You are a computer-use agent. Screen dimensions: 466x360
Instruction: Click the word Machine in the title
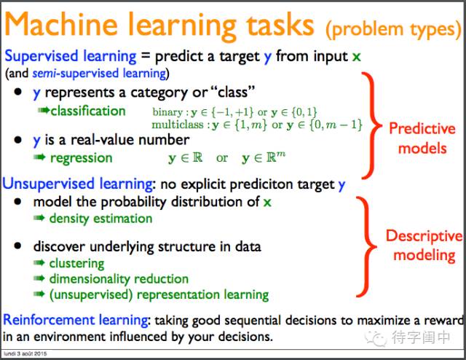pyautogui.click(x=61, y=25)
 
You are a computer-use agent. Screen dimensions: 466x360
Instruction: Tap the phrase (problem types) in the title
pyautogui.click(x=394, y=30)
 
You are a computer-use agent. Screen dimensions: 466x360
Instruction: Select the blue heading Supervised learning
pyautogui.click(x=71, y=57)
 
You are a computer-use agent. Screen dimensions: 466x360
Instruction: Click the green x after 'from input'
pyautogui.click(x=356, y=57)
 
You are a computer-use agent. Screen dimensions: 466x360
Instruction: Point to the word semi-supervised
pyautogui.click(x=76, y=73)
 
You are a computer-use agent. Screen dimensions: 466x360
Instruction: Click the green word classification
pyautogui.click(x=88, y=111)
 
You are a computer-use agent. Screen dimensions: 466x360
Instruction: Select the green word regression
pyautogui.click(x=81, y=158)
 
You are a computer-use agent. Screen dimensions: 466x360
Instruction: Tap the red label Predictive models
pyautogui.click(x=422, y=138)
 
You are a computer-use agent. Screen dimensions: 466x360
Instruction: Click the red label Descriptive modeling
pyautogui.click(x=424, y=246)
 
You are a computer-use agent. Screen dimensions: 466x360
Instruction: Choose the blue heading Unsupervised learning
pyautogui.click(x=78, y=184)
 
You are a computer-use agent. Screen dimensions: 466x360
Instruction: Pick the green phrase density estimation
pyautogui.click(x=100, y=219)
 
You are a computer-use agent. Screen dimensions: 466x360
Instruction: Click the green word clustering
pyautogui.click(x=76, y=264)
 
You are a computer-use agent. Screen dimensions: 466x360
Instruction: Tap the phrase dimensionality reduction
pyautogui.click(x=119, y=279)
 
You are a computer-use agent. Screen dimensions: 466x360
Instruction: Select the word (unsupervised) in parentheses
pyautogui.click(x=91, y=295)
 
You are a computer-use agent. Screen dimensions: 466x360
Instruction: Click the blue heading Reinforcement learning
pyautogui.click(x=75, y=321)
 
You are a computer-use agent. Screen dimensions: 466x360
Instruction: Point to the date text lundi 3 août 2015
pyautogui.click(x=25, y=353)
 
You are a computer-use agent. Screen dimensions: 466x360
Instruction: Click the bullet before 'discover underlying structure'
pyautogui.click(x=17, y=246)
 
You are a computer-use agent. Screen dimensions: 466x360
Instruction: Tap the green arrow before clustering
pyautogui.click(x=39, y=262)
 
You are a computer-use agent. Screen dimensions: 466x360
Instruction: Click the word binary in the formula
pyautogui.click(x=167, y=112)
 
